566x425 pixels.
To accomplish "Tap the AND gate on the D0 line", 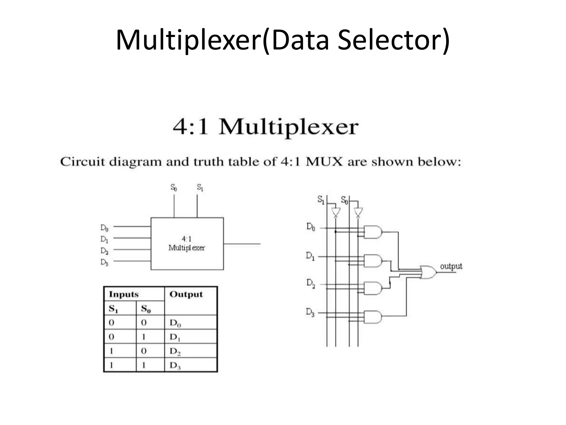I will click(373, 232).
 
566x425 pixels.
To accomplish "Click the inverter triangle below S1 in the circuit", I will click(336, 212).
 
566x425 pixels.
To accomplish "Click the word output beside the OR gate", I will click(451, 266).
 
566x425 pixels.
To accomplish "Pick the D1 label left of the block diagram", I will click(104, 239).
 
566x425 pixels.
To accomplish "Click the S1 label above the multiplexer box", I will click(200, 188).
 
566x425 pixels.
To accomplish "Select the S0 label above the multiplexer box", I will click(174, 188).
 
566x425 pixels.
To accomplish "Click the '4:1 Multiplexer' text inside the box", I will click(187, 243).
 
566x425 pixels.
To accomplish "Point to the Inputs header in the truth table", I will click(124, 294).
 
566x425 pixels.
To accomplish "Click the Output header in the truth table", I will click(186, 294).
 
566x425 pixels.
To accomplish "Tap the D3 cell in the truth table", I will click(175, 366).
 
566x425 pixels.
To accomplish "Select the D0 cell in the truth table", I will click(175, 323).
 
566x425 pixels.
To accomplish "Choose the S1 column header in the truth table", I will click(113, 309).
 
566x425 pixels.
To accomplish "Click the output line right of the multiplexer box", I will click(242, 244).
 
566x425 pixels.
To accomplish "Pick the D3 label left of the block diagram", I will click(104, 262).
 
